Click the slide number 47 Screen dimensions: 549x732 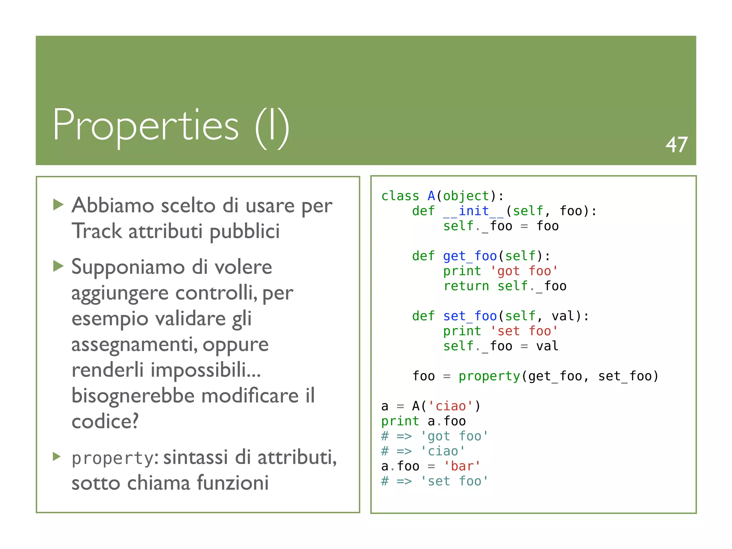(x=676, y=145)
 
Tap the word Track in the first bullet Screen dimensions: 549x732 (x=97, y=231)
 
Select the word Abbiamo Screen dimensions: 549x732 (x=113, y=206)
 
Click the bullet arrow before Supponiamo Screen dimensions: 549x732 (x=58, y=266)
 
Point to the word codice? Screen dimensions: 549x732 (x=105, y=421)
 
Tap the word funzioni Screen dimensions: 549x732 (x=233, y=483)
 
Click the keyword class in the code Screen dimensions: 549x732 (x=400, y=196)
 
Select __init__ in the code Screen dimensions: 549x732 (x=473, y=211)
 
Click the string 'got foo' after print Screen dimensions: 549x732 (x=524, y=271)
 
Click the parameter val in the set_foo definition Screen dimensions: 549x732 (x=563, y=316)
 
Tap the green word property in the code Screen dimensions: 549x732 (x=489, y=376)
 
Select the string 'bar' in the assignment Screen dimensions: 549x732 (x=462, y=466)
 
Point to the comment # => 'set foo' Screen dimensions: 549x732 (x=434, y=481)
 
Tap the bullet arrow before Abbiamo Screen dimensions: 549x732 (x=58, y=205)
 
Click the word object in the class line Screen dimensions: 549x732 (x=466, y=196)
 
